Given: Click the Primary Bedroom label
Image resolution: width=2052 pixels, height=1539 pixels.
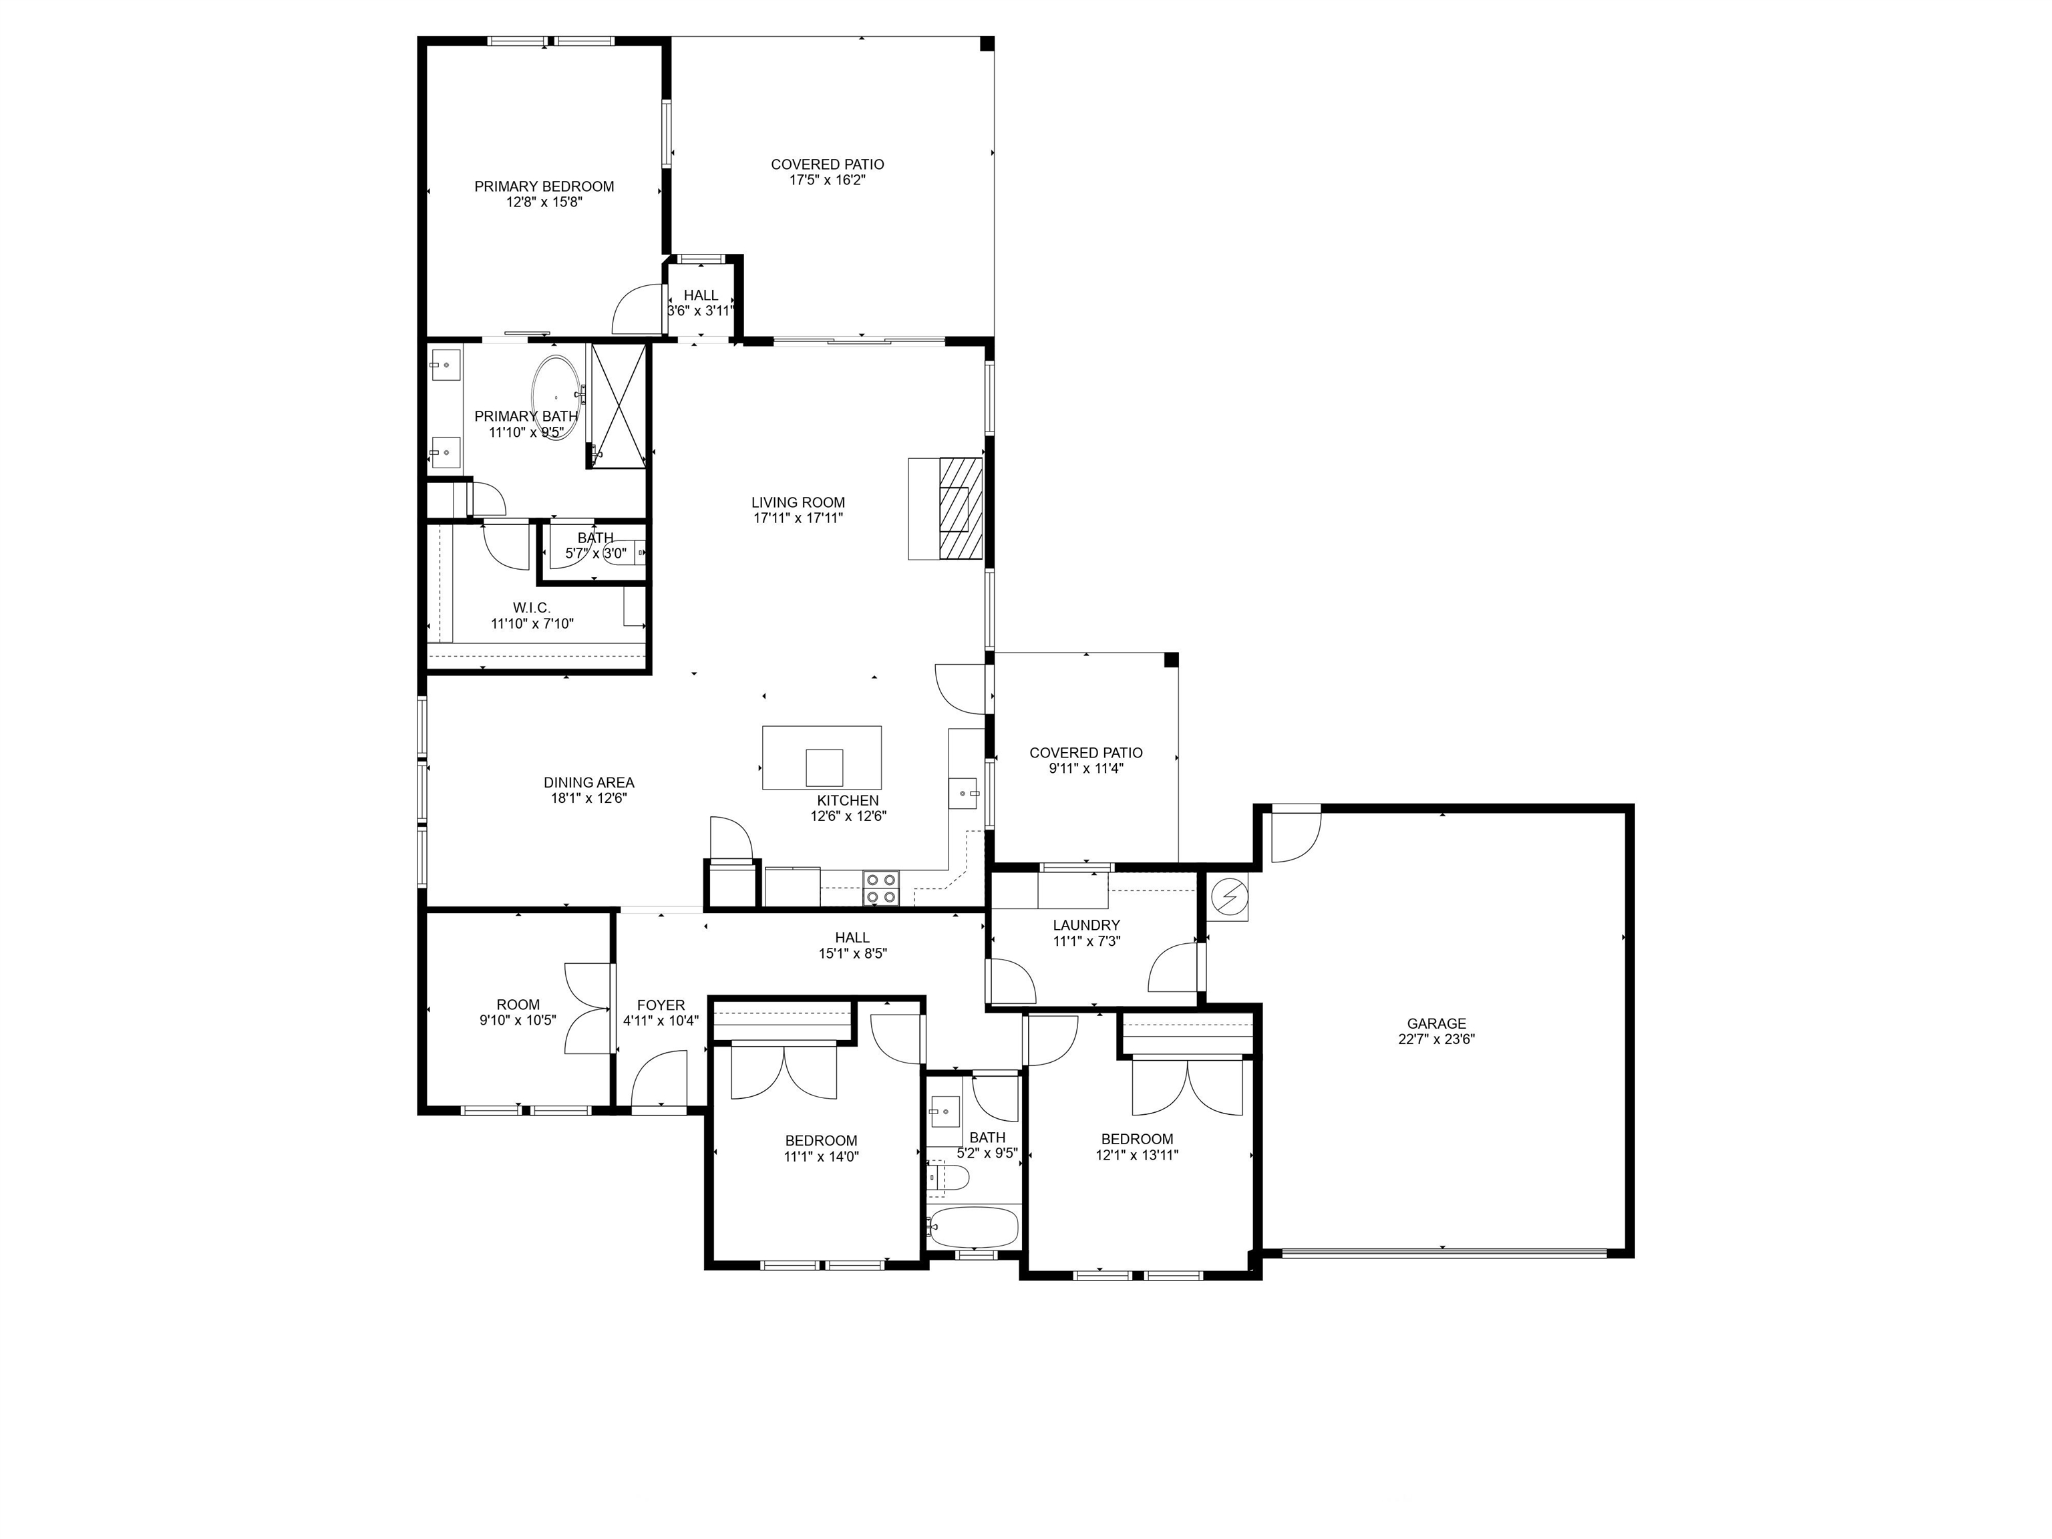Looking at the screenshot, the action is pos(544,186).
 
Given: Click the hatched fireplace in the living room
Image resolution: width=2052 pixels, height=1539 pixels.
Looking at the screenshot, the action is pos(959,508).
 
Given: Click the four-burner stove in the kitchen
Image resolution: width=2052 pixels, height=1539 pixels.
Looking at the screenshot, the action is pos(881,888).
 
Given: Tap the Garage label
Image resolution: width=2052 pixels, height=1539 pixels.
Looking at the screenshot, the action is pos(1436,1024).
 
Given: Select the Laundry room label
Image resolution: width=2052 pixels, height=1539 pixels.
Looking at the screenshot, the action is pos(1086,925).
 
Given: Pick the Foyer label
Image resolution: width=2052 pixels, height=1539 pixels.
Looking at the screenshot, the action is pos(661,1005).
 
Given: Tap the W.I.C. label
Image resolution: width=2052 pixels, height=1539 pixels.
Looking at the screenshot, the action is pos(532,608).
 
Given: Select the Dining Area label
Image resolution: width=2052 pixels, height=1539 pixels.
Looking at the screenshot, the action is pos(589,783).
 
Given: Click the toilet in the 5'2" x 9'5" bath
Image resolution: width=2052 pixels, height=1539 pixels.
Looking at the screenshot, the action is pos(949,1178).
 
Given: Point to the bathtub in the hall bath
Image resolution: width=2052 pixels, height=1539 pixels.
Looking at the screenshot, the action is pos(973,1226).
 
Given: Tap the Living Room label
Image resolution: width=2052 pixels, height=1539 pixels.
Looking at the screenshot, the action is pos(798,503).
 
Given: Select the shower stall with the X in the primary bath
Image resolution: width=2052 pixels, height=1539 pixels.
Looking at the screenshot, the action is pos(618,405).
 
